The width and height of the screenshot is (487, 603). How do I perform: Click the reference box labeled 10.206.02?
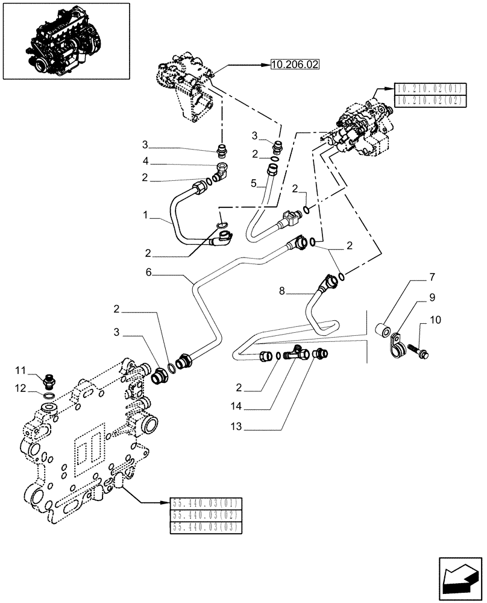pos(295,65)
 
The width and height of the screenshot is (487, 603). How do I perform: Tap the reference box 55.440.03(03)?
pos(207,527)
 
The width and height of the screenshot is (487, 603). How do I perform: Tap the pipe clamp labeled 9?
pos(396,344)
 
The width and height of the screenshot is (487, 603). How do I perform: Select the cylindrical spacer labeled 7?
pos(382,329)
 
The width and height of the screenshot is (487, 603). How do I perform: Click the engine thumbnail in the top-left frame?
pos(66,40)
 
